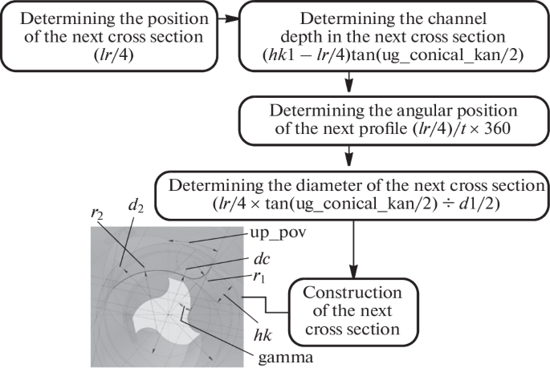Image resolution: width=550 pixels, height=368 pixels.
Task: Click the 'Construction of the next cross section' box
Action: click(x=355, y=310)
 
